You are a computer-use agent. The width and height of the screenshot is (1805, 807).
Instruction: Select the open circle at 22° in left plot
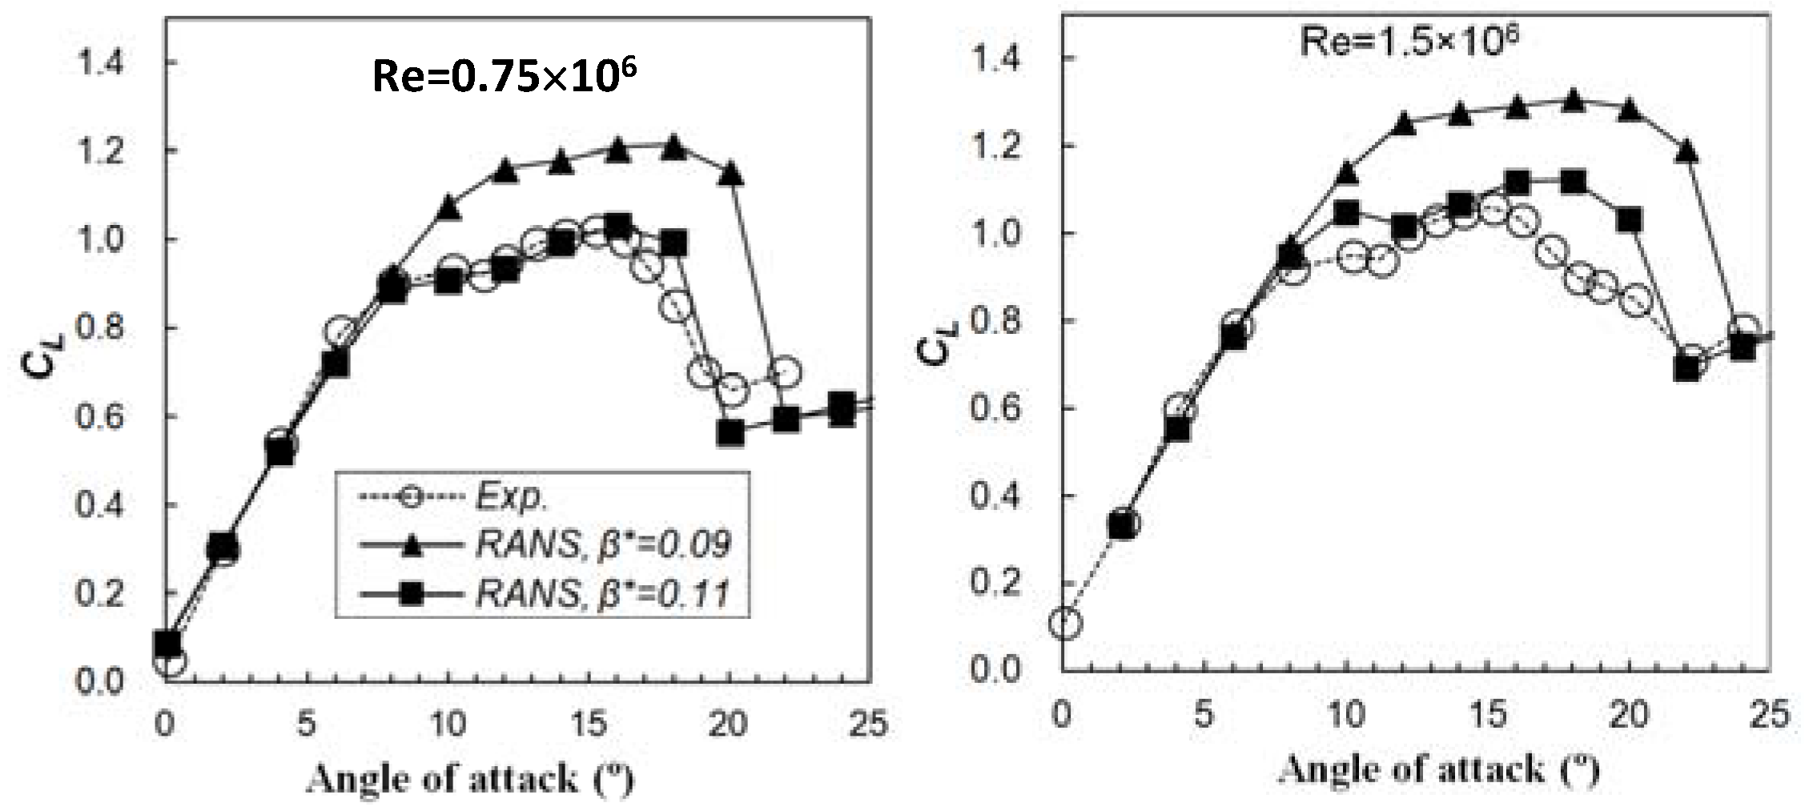786,371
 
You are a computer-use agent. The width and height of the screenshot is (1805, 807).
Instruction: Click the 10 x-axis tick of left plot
447,725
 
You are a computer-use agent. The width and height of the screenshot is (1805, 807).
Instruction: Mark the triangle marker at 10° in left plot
448,207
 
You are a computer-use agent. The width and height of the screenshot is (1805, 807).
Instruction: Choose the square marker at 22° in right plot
1687,368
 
